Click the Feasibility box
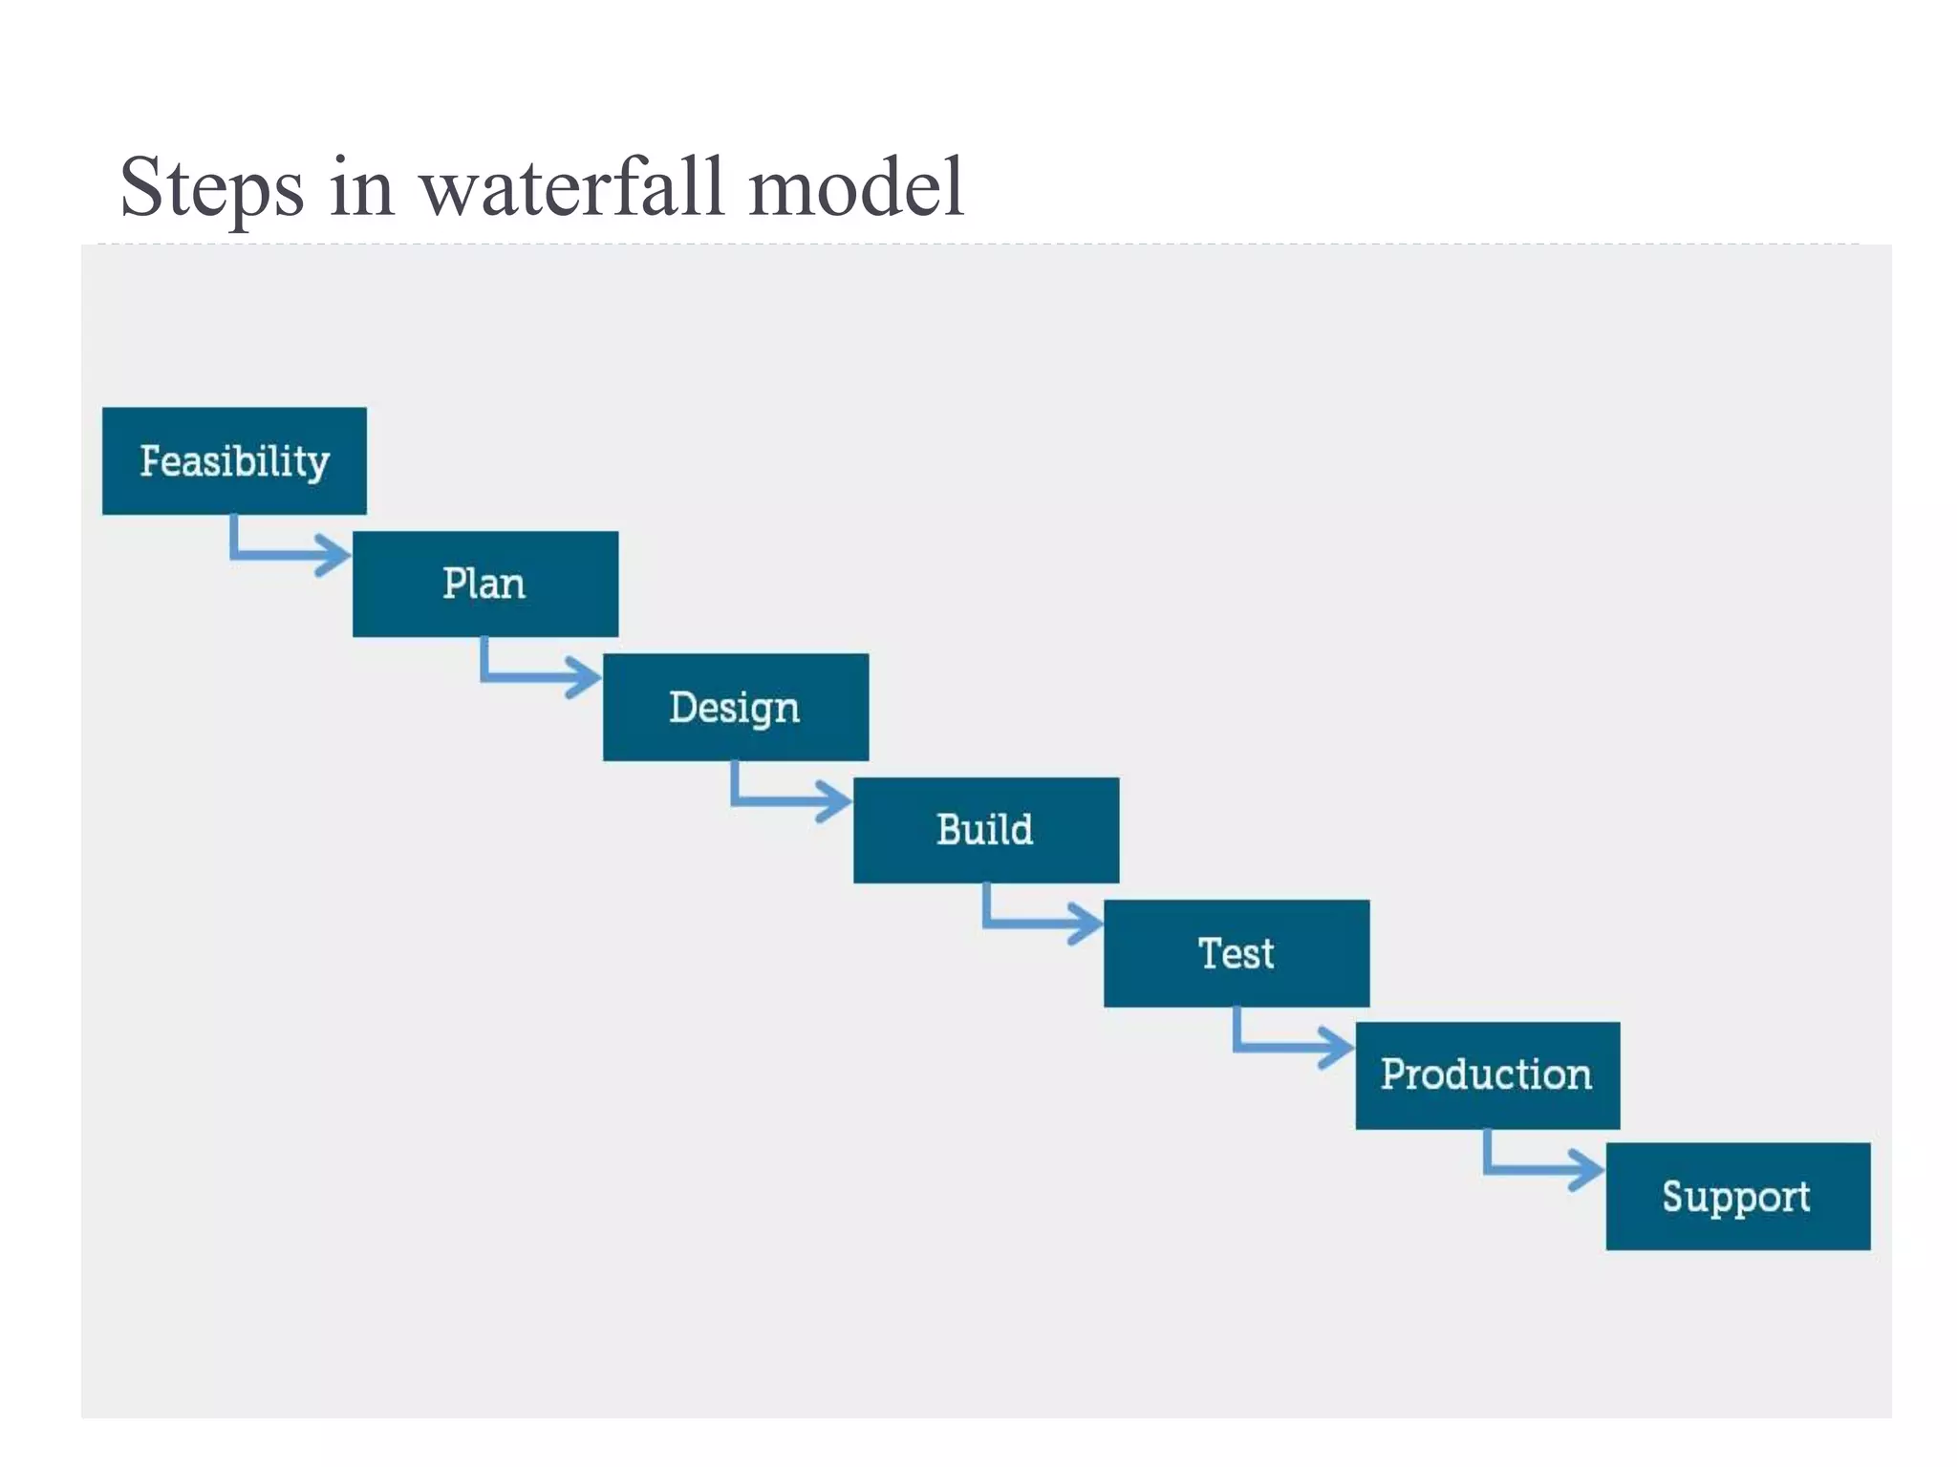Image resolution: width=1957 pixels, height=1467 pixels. pos(234,461)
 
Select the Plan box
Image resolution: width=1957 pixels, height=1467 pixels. pos(485,584)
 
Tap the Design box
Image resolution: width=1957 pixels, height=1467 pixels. pos(736,707)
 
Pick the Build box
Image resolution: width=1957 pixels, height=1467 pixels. pos(986,830)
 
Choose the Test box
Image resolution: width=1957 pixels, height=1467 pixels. pos(1237,953)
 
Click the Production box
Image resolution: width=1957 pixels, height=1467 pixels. pos(1487,1075)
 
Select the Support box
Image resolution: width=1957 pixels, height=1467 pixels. pos(1737,1197)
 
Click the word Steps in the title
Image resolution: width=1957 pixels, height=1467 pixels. pos(212,187)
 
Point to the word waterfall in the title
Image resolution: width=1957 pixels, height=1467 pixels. pos(571,187)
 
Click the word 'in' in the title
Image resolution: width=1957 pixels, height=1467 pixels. pos(362,187)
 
